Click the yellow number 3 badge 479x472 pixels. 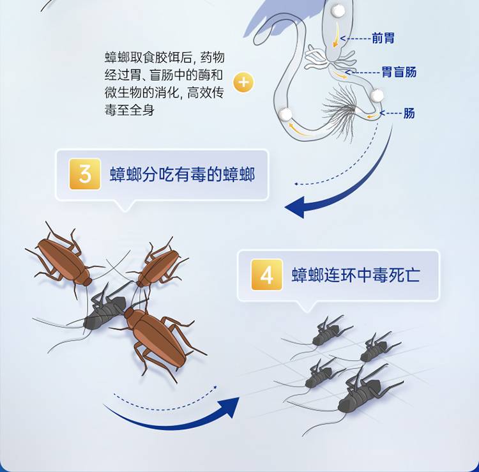coord(85,174)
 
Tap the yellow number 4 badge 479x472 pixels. coord(267,275)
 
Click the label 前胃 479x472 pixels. coord(383,38)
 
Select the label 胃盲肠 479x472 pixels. coord(399,72)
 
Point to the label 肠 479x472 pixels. coord(409,113)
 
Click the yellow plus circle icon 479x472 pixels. coord(243,82)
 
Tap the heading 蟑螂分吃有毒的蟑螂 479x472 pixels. coord(183,174)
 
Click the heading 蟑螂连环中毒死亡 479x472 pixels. coord(356,275)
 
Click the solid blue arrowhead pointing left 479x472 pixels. coord(295,207)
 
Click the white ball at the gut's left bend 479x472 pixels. coord(285,114)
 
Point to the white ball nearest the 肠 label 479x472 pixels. coord(377,95)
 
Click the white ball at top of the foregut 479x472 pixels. coord(338,11)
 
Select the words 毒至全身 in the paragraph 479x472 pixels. coord(130,110)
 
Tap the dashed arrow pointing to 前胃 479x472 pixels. coord(355,38)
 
